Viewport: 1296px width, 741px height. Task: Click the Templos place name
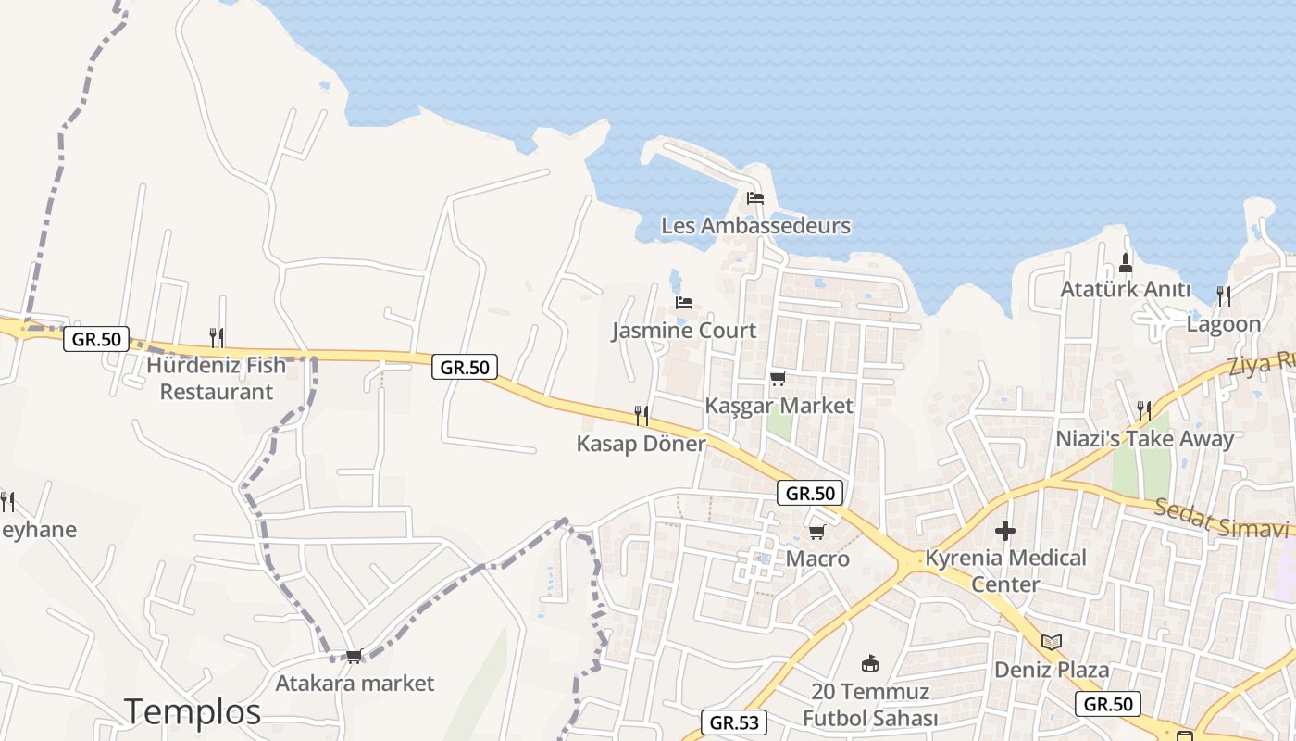(x=193, y=711)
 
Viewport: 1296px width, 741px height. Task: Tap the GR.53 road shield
(x=733, y=722)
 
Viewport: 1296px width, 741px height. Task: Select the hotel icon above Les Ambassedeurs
(x=755, y=197)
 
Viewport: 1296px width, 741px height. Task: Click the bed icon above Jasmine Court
(x=684, y=302)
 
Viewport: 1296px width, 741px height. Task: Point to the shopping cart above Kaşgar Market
(x=778, y=378)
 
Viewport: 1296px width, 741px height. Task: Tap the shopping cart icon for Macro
(x=816, y=532)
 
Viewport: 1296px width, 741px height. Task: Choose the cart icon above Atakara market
(x=354, y=656)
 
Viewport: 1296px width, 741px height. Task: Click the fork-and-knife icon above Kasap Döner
(x=641, y=415)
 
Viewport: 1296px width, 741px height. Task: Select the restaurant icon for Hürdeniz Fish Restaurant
(x=217, y=336)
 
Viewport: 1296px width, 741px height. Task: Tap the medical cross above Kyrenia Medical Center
(x=1005, y=531)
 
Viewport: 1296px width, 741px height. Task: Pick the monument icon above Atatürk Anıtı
(x=1126, y=262)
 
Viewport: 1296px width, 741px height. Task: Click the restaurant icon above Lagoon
(x=1224, y=295)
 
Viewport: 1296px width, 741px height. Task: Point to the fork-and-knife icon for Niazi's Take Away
(x=1144, y=410)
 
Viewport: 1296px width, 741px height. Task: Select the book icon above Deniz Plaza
(x=1052, y=642)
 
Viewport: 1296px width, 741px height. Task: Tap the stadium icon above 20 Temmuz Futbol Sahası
(x=870, y=663)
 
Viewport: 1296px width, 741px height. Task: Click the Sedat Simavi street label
(x=1221, y=518)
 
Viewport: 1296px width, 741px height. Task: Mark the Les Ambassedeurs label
(x=755, y=225)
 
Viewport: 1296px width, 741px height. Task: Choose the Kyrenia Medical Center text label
(x=1005, y=571)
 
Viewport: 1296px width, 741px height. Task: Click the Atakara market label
(x=355, y=684)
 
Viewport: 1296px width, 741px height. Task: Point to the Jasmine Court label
(x=684, y=331)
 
